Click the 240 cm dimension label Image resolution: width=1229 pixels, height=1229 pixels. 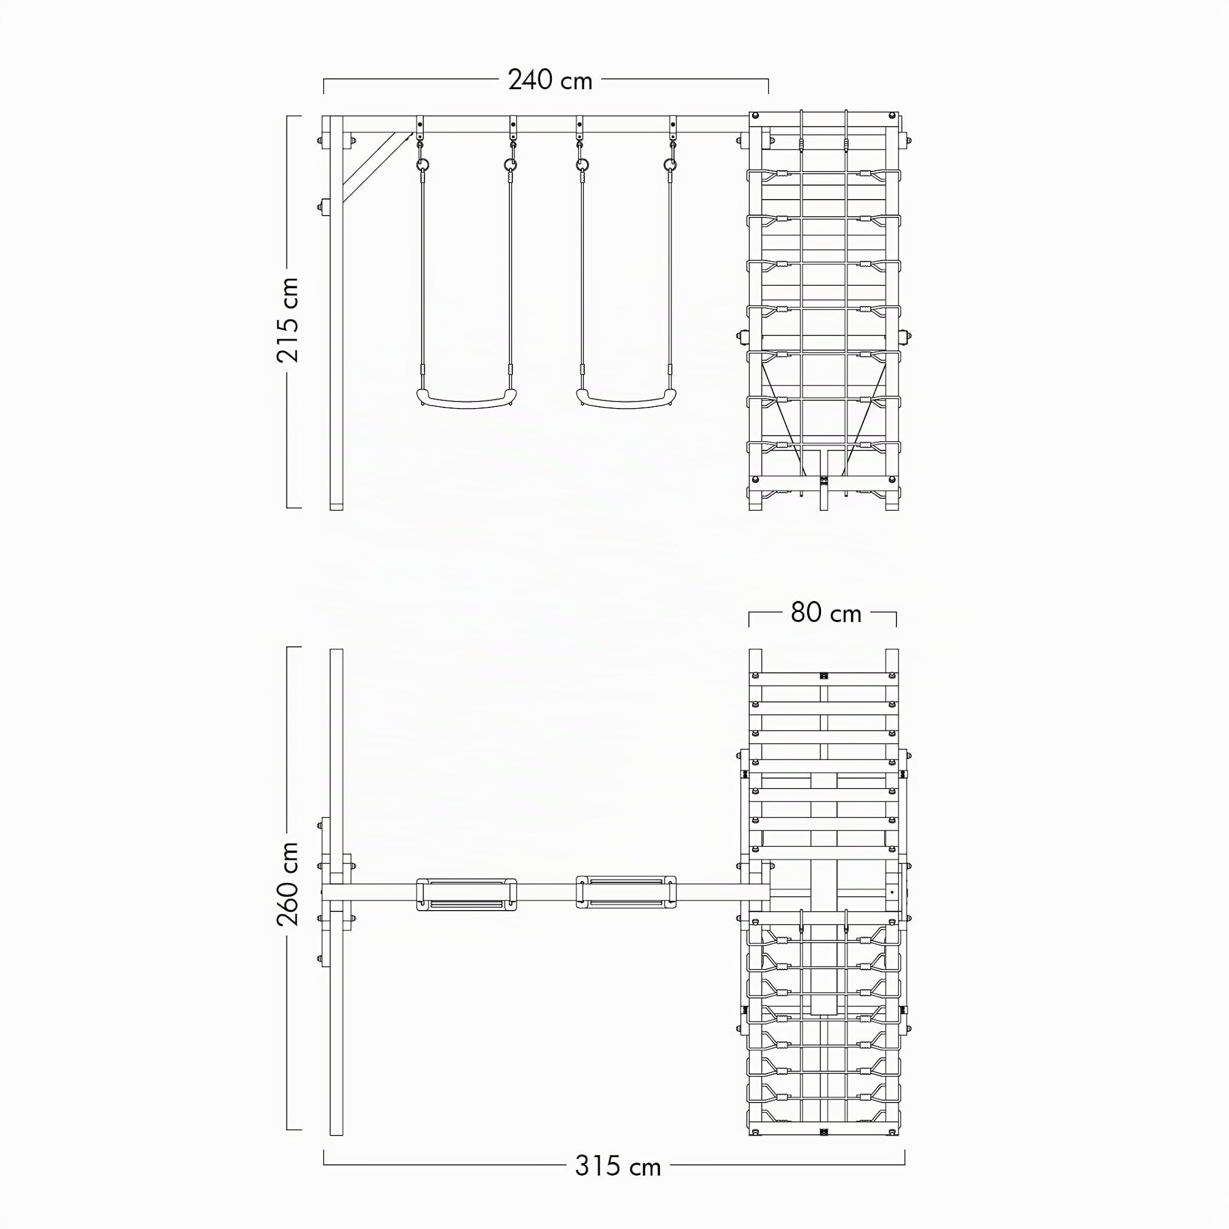(550, 80)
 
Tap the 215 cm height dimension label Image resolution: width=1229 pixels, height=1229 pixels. (288, 320)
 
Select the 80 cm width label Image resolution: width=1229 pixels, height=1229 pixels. (826, 613)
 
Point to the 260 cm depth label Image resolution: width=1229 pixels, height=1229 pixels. (288, 884)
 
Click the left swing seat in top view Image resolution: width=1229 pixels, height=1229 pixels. (467, 893)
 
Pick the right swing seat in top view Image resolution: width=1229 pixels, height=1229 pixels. (626, 893)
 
